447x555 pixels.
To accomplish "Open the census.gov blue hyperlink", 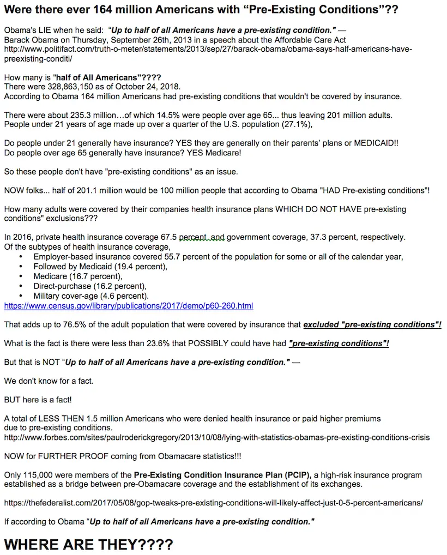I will [129, 306].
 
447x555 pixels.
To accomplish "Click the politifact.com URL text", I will [207, 49].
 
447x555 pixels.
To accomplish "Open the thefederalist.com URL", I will [213, 503].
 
